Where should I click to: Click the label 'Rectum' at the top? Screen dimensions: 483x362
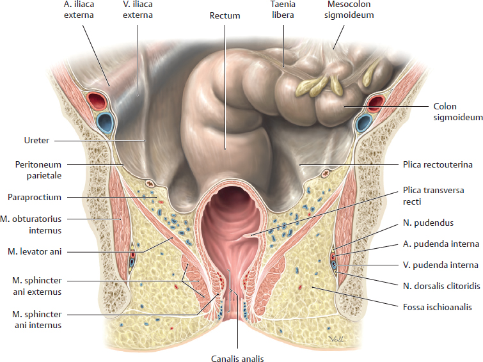[225, 15]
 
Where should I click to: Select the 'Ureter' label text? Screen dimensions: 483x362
[36, 140]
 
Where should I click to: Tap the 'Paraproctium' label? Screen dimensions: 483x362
[35, 197]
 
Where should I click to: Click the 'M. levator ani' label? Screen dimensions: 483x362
[35, 251]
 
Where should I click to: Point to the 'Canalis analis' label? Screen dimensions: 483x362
[237, 358]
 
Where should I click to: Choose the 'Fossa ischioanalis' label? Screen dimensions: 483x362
[438, 307]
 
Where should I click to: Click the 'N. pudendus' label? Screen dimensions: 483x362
[428, 223]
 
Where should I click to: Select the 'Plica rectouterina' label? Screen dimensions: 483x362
[438, 164]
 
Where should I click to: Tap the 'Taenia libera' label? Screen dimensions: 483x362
[283, 10]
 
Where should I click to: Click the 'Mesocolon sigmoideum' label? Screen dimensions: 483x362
[349, 10]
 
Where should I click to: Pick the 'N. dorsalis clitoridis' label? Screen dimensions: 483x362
[441, 287]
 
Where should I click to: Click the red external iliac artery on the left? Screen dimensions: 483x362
[96, 100]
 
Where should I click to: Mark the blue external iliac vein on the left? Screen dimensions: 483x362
[105, 123]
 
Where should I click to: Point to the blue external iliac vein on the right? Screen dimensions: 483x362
[363, 123]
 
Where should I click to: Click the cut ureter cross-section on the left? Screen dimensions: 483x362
[150, 184]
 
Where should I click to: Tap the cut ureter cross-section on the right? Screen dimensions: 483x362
[325, 174]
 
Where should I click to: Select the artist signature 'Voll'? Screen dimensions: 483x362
[336, 339]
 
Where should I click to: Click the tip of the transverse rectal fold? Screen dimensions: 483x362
[243, 236]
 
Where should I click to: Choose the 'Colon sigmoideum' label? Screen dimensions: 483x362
[458, 111]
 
